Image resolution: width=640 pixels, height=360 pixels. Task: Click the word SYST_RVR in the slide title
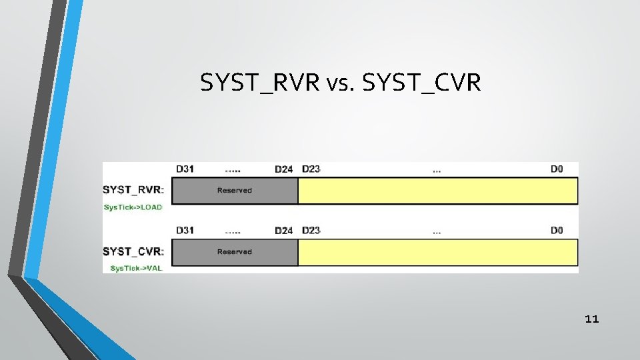pyautogui.click(x=261, y=83)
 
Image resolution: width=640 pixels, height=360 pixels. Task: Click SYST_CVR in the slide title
pyautogui.click(x=420, y=83)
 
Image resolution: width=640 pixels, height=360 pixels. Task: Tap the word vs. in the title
pyautogui.click(x=342, y=83)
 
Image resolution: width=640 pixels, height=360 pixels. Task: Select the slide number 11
pyautogui.click(x=591, y=319)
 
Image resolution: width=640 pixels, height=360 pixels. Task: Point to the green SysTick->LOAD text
pyautogui.click(x=133, y=207)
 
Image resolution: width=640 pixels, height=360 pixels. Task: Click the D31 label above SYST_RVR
pyautogui.click(x=185, y=169)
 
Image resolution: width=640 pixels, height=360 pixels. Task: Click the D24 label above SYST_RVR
pyautogui.click(x=283, y=169)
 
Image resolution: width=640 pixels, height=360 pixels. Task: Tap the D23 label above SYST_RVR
pyautogui.click(x=311, y=169)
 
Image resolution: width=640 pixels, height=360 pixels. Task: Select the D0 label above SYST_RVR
pyautogui.click(x=557, y=169)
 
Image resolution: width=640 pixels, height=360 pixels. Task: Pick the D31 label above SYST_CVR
pyautogui.click(x=185, y=231)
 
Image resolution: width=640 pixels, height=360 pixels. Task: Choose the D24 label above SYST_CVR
pyautogui.click(x=283, y=231)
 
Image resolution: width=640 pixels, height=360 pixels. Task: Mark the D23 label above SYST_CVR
pyautogui.click(x=311, y=231)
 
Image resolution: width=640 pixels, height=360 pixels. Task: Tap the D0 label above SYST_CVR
pyautogui.click(x=557, y=231)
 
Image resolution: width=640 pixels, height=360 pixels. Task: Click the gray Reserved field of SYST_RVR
pyautogui.click(x=235, y=191)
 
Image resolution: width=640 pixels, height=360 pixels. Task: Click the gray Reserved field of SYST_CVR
pyautogui.click(x=235, y=252)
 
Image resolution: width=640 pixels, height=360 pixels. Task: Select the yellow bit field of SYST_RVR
pyautogui.click(x=437, y=191)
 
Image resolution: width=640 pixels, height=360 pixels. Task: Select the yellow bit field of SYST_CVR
pyautogui.click(x=437, y=252)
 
